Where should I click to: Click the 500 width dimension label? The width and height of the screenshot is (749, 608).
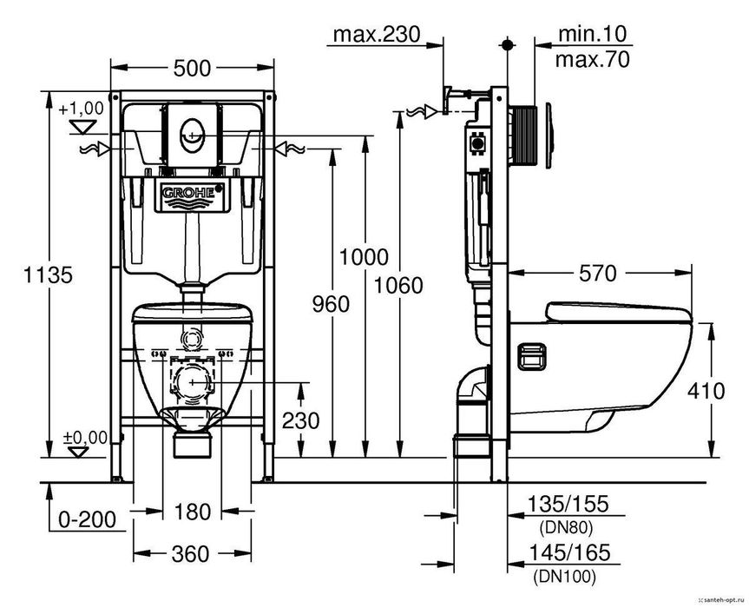(x=192, y=69)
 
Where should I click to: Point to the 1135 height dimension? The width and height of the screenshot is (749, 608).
(x=49, y=274)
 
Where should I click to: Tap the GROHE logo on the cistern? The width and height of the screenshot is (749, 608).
(x=188, y=193)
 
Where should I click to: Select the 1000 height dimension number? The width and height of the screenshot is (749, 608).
(x=364, y=257)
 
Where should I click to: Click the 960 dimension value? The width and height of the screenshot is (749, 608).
(x=331, y=304)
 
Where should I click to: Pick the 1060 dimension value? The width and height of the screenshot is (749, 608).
(x=398, y=286)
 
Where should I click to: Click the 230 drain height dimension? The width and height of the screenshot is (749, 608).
(x=300, y=420)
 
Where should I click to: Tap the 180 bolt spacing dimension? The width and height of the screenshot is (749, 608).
(x=192, y=512)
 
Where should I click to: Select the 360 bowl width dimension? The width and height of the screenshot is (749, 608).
(x=191, y=554)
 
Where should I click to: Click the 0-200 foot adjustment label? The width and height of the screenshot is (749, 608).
(x=88, y=519)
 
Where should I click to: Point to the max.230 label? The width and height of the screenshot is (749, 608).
(x=377, y=34)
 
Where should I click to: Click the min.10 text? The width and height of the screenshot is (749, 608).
(x=592, y=34)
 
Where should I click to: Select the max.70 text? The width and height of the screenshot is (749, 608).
(x=592, y=60)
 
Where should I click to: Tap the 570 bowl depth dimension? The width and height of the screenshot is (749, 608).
(x=598, y=274)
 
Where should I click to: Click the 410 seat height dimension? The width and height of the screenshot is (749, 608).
(x=706, y=392)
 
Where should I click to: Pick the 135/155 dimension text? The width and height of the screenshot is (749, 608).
(x=568, y=504)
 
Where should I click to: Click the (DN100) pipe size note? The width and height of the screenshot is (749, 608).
(x=565, y=577)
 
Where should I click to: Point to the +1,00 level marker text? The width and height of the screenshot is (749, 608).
(x=82, y=109)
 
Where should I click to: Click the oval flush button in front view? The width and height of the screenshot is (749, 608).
(x=192, y=135)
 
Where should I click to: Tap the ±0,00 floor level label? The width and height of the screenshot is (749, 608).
(x=86, y=438)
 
